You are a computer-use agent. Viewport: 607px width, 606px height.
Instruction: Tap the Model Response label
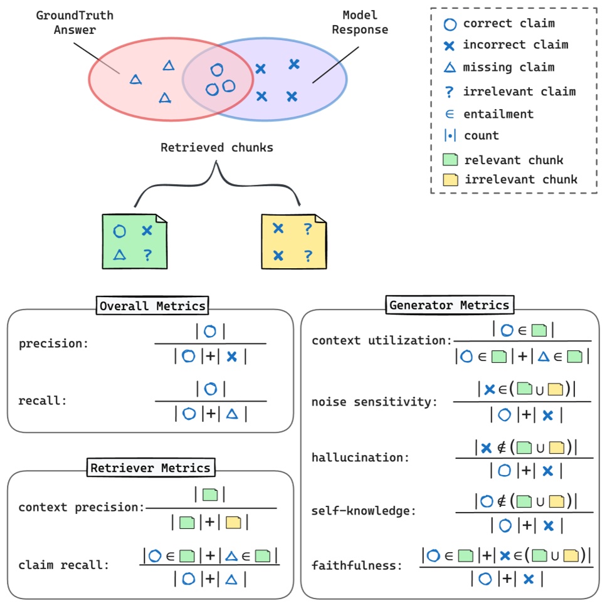coord(360,22)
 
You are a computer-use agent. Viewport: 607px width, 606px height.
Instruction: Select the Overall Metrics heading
coord(152,306)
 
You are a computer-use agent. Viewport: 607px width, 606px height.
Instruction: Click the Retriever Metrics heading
coord(150,468)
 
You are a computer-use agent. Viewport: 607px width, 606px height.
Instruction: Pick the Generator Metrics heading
coord(449,305)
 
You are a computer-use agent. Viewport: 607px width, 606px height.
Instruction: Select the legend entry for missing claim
coord(508,68)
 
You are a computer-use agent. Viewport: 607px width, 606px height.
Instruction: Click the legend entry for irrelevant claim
coord(519,91)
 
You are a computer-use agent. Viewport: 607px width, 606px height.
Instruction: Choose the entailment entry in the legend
coord(498,114)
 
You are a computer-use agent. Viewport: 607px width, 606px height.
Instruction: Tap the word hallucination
coord(360,458)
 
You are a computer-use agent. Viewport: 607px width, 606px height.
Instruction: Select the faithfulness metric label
coord(357,565)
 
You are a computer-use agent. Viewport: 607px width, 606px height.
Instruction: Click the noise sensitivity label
coord(374,402)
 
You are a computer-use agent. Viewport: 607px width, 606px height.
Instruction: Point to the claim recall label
coord(64,565)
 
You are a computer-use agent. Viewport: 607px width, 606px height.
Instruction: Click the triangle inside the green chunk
coord(120,255)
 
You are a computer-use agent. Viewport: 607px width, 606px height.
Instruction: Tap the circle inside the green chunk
coord(120,231)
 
